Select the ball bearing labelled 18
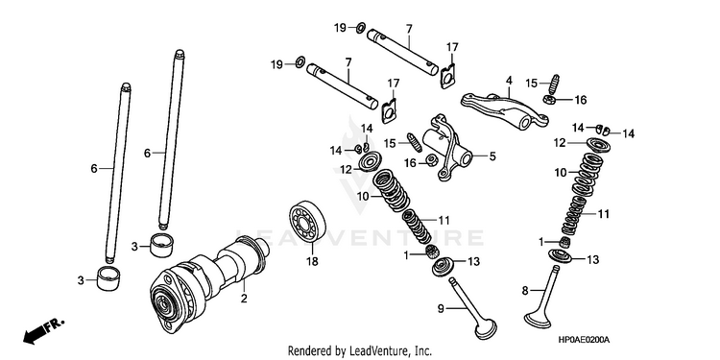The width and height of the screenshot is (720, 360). click(x=307, y=223)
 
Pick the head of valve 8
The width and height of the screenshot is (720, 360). click(x=539, y=319)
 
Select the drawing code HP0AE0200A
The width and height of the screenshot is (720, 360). click(x=584, y=340)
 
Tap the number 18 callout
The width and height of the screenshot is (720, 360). click(x=312, y=262)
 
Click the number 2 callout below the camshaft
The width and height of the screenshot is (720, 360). click(x=244, y=299)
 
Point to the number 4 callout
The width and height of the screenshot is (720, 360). click(x=509, y=81)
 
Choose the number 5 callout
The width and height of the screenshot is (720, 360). click(x=492, y=156)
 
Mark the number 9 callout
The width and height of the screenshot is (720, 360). click(x=441, y=309)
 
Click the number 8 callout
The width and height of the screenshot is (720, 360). click(x=525, y=290)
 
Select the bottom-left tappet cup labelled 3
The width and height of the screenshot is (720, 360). click(x=108, y=278)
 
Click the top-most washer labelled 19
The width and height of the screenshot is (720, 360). click(x=360, y=28)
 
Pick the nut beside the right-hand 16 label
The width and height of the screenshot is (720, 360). click(x=547, y=99)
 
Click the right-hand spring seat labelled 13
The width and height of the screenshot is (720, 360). click(x=560, y=255)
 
